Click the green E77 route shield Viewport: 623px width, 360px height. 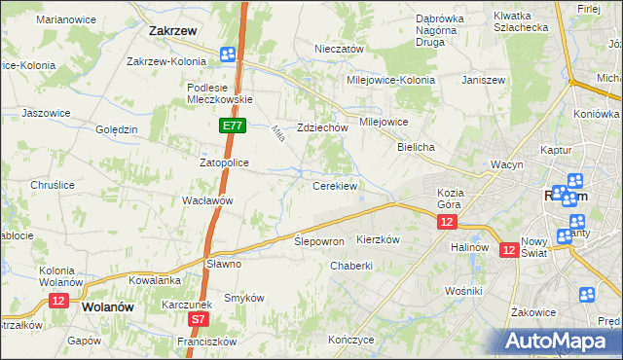click(x=232, y=126)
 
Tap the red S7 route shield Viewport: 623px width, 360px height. click(x=199, y=318)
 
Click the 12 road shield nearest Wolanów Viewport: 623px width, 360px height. click(x=58, y=301)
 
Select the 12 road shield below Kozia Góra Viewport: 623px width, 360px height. click(x=446, y=223)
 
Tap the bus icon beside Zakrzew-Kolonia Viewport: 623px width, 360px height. click(x=228, y=55)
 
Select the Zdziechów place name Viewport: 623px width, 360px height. click(x=322, y=127)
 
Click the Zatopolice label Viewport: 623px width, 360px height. click(x=225, y=162)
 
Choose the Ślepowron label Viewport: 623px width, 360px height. click(x=319, y=240)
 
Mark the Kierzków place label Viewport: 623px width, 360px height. click(x=380, y=238)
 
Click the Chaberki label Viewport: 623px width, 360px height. click(x=351, y=266)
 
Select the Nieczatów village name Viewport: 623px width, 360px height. click(x=339, y=49)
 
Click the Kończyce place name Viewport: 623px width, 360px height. click(x=351, y=340)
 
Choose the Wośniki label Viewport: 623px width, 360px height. click(x=462, y=291)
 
